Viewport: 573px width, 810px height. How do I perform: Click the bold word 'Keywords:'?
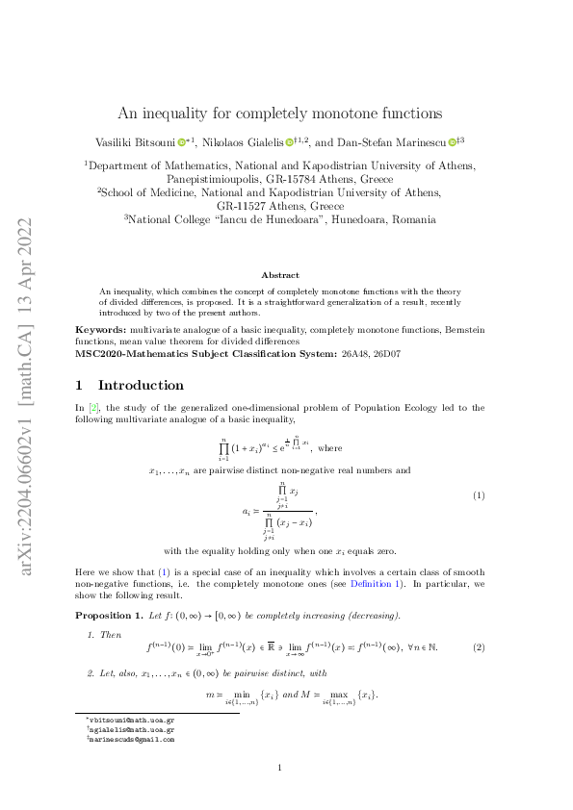98,329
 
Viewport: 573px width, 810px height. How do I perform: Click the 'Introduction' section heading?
141,385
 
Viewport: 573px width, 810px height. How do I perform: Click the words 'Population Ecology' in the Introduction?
392,408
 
